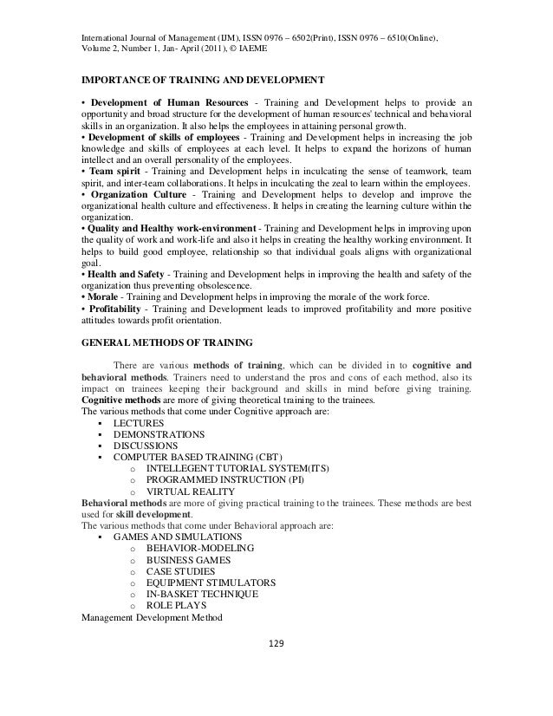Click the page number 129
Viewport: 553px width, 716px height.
(276, 644)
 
